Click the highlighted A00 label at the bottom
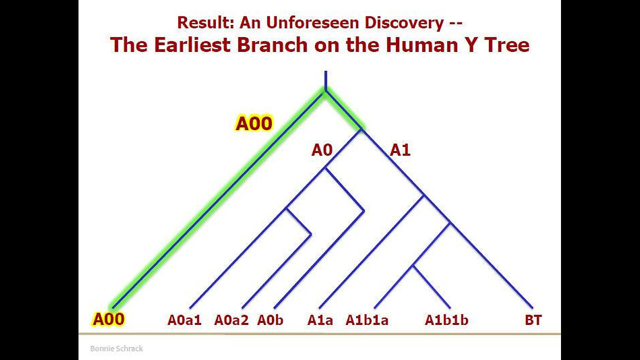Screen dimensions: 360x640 coord(108,319)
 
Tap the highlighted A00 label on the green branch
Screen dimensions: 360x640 coord(253,123)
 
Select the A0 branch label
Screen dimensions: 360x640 coord(321,149)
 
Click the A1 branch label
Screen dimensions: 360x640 coord(400,149)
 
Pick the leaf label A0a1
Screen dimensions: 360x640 coord(184,320)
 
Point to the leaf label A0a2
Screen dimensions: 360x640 coord(231,320)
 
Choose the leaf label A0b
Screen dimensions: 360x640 coord(270,320)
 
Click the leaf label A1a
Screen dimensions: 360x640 coord(320,320)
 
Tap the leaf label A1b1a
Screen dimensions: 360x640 coord(366,320)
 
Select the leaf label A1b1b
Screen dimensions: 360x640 coord(446,320)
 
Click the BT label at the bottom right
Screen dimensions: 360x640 coord(533,320)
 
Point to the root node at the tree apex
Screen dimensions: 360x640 coord(325,91)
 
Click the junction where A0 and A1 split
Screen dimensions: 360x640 coord(362,131)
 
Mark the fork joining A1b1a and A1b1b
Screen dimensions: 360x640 coord(413,267)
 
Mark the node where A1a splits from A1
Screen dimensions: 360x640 coord(424,195)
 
